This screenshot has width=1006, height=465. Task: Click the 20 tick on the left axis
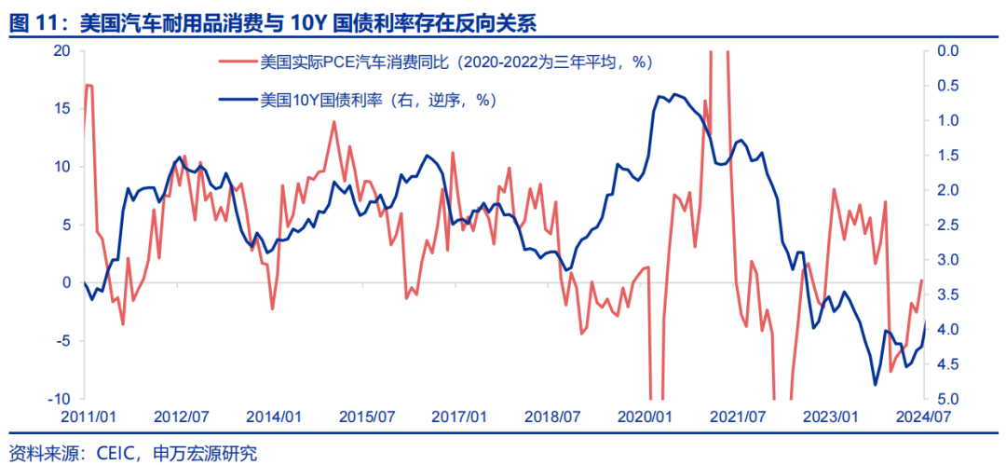(63, 50)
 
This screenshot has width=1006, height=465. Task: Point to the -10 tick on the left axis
(61, 399)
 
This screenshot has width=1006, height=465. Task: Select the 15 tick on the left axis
(63, 108)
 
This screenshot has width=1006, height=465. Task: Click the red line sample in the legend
(238, 62)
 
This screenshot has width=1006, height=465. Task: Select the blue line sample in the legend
(238, 98)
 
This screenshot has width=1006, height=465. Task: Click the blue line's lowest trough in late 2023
(876, 384)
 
